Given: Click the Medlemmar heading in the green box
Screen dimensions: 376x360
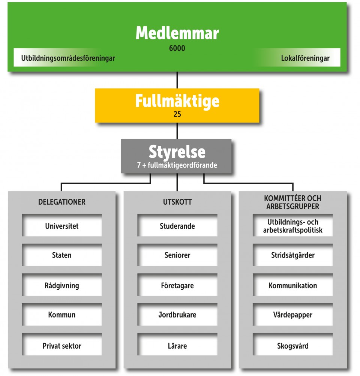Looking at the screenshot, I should (177, 33).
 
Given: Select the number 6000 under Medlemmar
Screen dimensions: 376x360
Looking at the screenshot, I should (177, 48).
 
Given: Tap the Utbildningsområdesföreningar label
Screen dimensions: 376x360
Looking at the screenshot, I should (68, 58).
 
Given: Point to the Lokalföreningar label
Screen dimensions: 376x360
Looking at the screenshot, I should (305, 58).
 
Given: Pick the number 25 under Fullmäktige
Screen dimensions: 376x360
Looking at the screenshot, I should (177, 114).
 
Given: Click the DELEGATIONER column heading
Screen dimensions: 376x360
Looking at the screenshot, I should (62, 202).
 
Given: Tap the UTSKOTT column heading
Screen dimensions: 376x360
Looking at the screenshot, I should (177, 202).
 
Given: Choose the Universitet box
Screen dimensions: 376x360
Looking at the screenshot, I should (62, 226).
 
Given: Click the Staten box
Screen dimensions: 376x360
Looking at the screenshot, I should (62, 255).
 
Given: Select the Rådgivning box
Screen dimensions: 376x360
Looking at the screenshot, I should (62, 286).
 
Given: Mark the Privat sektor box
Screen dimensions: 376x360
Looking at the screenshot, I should (62, 346).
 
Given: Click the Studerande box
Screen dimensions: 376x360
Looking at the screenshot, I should (177, 226).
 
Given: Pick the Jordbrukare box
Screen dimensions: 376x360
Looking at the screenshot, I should (177, 315).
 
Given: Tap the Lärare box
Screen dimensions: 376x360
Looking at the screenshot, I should (177, 346).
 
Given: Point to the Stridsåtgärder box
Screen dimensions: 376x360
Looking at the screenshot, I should (292, 255).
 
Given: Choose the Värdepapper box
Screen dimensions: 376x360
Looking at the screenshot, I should (292, 315).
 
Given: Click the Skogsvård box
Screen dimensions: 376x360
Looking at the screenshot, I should (292, 346).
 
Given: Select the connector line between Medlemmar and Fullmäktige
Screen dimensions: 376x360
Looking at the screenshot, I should (177, 80).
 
